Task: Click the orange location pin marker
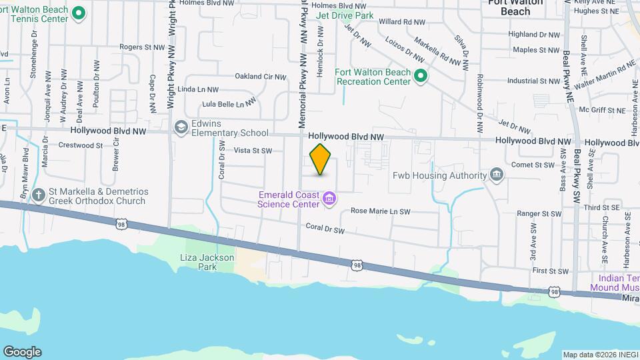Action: [x=321, y=159]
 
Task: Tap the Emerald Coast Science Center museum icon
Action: [x=329, y=198]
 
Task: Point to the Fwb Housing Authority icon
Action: [x=497, y=175]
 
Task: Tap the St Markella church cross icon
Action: [x=39, y=195]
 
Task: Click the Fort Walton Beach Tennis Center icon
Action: [x=79, y=13]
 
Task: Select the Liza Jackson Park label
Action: [x=207, y=261]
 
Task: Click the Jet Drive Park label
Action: [x=345, y=15]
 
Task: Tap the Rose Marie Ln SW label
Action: [x=380, y=211]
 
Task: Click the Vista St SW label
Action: [x=253, y=151]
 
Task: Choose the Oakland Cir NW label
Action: [x=260, y=77]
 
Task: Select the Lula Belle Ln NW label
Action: [x=229, y=103]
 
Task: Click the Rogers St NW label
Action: [x=142, y=47]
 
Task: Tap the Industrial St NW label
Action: [x=533, y=81]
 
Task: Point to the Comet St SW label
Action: [x=533, y=165]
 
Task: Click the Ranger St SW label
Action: [x=538, y=214]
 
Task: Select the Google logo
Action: [x=22, y=352]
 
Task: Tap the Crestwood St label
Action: [x=81, y=145]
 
